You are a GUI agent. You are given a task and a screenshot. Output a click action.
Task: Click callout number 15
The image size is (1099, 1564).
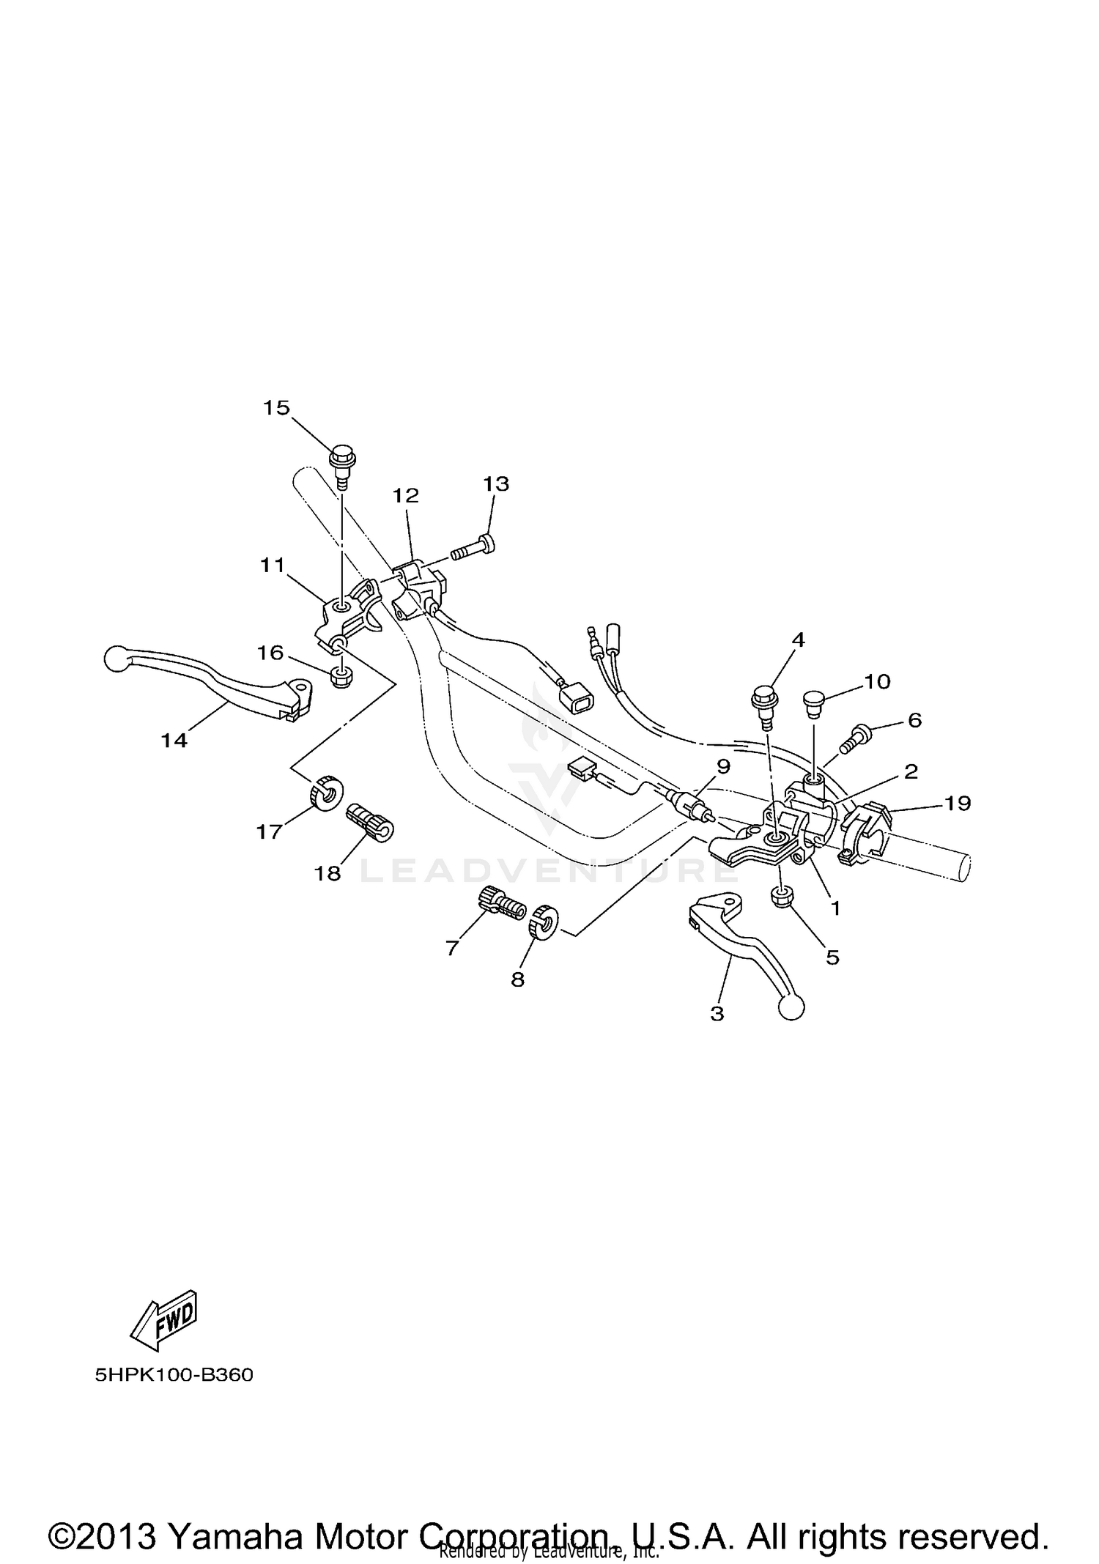276,408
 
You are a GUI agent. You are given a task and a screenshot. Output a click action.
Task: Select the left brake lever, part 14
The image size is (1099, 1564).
212,682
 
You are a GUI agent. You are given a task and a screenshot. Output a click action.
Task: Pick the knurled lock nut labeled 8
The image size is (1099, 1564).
544,922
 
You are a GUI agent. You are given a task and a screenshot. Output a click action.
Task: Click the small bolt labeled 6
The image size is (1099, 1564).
856,735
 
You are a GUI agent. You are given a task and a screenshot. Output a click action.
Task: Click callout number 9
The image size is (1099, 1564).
723,766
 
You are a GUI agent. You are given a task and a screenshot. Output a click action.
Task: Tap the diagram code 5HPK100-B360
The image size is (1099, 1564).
174,1375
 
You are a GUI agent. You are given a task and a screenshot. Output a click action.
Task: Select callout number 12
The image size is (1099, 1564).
405,496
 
